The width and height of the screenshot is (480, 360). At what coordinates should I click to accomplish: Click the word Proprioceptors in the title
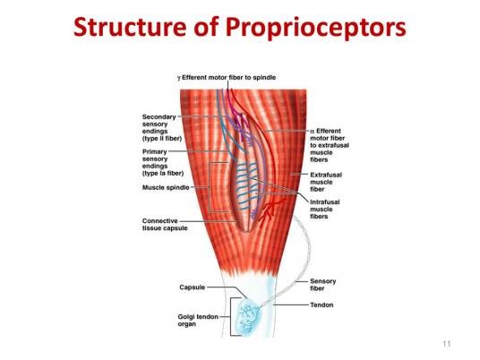(x=316, y=28)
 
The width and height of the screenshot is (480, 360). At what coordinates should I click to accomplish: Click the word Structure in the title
(x=130, y=27)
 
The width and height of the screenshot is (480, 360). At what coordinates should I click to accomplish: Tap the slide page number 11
(x=447, y=344)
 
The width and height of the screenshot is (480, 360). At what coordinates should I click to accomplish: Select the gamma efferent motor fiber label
(x=227, y=77)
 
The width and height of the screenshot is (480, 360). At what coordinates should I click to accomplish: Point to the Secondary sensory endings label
(x=162, y=128)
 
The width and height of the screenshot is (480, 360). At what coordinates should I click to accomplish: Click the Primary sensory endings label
(x=163, y=163)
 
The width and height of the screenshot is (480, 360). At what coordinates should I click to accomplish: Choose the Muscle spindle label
(x=166, y=187)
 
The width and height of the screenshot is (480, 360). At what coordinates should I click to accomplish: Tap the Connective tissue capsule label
(x=165, y=225)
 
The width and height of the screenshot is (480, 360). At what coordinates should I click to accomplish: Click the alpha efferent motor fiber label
(x=330, y=145)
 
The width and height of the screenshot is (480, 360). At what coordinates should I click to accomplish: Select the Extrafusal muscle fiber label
(x=326, y=182)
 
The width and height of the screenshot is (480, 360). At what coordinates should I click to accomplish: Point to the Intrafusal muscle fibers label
(x=325, y=209)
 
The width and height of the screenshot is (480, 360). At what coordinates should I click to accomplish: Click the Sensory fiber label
(x=322, y=285)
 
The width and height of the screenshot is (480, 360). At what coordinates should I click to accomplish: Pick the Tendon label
(x=321, y=304)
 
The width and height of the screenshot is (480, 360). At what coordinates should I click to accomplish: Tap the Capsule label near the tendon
(x=193, y=287)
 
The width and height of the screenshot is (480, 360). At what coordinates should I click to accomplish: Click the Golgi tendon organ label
(x=198, y=321)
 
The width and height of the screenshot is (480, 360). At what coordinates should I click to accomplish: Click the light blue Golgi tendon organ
(x=249, y=318)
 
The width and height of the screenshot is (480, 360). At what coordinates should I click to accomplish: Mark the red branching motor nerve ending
(x=271, y=210)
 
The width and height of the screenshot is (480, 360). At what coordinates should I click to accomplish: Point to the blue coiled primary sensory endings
(x=246, y=185)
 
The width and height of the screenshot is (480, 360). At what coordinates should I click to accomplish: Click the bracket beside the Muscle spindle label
(x=210, y=187)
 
